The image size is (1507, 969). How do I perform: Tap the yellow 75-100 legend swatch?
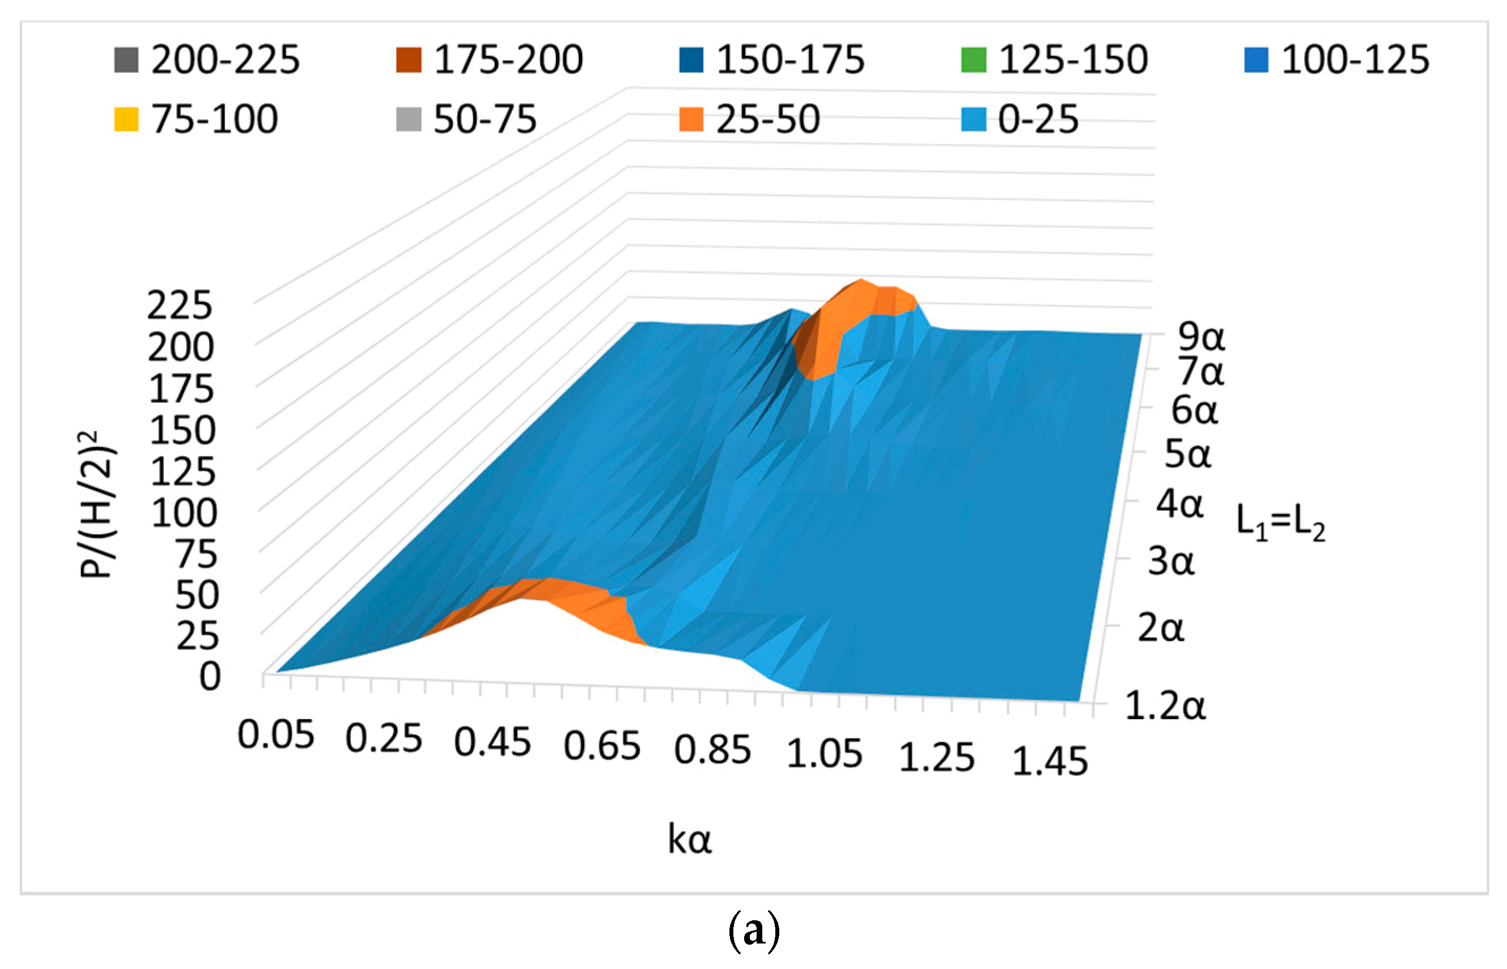click(x=126, y=120)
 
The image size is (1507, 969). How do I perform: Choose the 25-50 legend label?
click(x=767, y=120)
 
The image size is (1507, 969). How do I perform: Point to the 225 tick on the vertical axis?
click(x=180, y=307)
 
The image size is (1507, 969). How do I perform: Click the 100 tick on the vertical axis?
click(x=184, y=513)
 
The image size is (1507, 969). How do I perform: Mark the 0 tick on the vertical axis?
click(x=210, y=678)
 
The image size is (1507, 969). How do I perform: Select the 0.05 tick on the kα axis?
click(x=275, y=735)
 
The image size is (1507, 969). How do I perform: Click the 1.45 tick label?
click(x=1050, y=762)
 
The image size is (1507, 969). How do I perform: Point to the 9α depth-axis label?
click(x=1200, y=337)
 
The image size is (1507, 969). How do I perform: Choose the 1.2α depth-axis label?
click(x=1164, y=705)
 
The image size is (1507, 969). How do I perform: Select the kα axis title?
click(x=690, y=839)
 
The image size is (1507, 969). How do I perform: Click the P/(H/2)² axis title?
click(x=97, y=503)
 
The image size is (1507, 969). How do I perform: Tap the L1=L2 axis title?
click(x=1280, y=522)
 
